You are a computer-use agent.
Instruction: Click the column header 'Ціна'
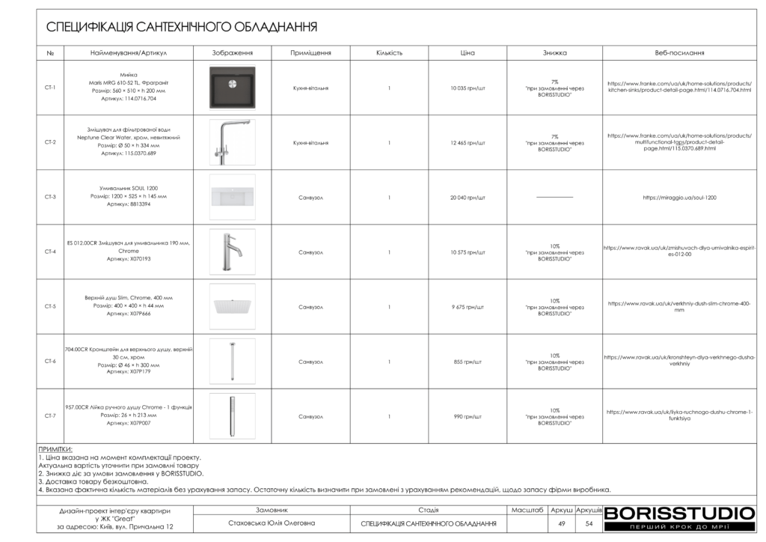[x=468, y=53]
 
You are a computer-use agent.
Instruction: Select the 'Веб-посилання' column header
[x=678, y=53]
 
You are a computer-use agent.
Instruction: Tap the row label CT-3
[x=50, y=197]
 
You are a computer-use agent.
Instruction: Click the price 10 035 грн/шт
[x=468, y=88]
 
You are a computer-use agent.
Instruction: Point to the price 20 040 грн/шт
[x=468, y=197]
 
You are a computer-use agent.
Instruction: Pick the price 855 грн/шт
[x=468, y=362]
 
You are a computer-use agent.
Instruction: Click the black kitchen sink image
[x=232, y=88]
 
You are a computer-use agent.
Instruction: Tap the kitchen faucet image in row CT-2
[x=232, y=142]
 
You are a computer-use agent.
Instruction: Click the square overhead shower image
[x=232, y=305]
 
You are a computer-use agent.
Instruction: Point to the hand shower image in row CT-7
[x=232, y=416]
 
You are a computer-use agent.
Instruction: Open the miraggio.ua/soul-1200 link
[x=678, y=197]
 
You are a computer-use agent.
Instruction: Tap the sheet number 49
[x=561, y=524]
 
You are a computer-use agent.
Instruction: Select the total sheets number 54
[x=589, y=524]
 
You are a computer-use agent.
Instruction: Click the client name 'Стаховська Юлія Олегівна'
[x=272, y=524]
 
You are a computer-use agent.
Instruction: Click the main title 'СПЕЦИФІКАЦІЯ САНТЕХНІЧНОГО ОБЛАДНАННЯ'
[x=182, y=27]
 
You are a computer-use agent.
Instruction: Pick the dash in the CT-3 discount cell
[x=554, y=197]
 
